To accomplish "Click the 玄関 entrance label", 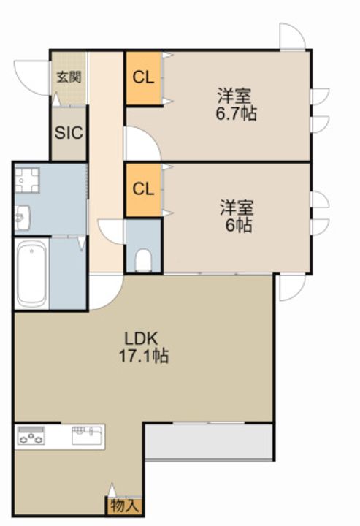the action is coord(69,77).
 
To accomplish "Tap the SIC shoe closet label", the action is coord(69,133).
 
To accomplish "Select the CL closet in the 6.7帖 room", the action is coord(143,78).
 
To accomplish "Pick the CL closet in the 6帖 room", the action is coord(143,190).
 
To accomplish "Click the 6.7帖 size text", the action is coord(236,114).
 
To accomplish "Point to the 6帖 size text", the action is coord(239,226).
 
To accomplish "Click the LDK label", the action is coord(141,338).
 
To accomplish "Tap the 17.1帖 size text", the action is coord(144,356).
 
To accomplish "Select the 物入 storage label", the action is coord(124,506).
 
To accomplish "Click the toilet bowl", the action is coord(143,259).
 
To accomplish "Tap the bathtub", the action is coord(31,273).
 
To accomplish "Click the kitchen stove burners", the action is coord(31,435).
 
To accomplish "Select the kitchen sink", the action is coord(87,435).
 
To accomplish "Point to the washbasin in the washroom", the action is coord(23,218).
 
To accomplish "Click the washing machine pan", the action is coord(27,180).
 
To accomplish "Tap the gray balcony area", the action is coord(209,441).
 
